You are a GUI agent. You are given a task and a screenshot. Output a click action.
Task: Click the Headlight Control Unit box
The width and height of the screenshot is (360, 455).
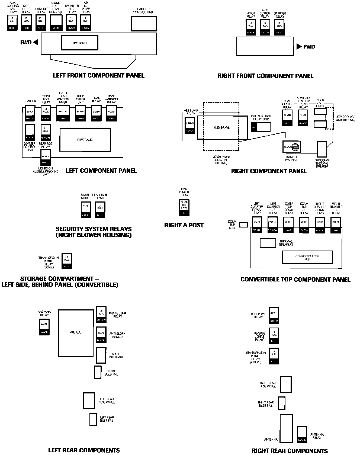[x=144, y=24]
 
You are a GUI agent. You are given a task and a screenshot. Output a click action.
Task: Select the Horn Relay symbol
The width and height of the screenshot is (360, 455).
[x=251, y=28]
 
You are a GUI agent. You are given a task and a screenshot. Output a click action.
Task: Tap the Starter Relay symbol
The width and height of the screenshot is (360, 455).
[x=279, y=28]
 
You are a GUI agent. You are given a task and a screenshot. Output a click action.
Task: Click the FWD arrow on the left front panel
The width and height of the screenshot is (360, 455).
[x=36, y=42]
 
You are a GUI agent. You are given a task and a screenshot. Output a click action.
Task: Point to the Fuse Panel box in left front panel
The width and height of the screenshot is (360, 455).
[x=79, y=43]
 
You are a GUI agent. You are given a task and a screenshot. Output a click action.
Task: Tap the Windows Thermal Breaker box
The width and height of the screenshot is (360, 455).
[x=322, y=149]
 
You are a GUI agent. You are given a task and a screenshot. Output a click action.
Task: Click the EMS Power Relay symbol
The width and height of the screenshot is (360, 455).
[x=184, y=208]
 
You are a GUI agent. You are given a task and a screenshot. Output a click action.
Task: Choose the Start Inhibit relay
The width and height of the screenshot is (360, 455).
[x=86, y=210]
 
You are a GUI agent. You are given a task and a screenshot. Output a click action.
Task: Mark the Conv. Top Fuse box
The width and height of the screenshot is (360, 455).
[x=244, y=225]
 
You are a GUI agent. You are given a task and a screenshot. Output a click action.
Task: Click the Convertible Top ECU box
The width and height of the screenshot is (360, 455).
[x=307, y=257]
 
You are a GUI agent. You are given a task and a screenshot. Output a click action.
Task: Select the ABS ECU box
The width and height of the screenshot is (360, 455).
[x=76, y=333]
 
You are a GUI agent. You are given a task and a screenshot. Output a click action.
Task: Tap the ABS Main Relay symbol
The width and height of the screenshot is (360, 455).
[x=44, y=327]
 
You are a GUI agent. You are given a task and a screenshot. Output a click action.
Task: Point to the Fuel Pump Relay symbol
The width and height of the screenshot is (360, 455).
[x=274, y=316]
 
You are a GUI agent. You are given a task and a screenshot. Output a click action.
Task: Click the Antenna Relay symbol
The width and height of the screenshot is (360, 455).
[x=302, y=435]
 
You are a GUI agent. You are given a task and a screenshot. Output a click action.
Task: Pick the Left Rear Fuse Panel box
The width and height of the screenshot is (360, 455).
[x=89, y=400]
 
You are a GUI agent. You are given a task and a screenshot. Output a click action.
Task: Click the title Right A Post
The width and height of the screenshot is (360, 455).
[x=184, y=225]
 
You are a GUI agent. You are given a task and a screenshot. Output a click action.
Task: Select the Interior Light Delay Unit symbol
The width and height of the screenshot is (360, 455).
[x=261, y=127]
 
